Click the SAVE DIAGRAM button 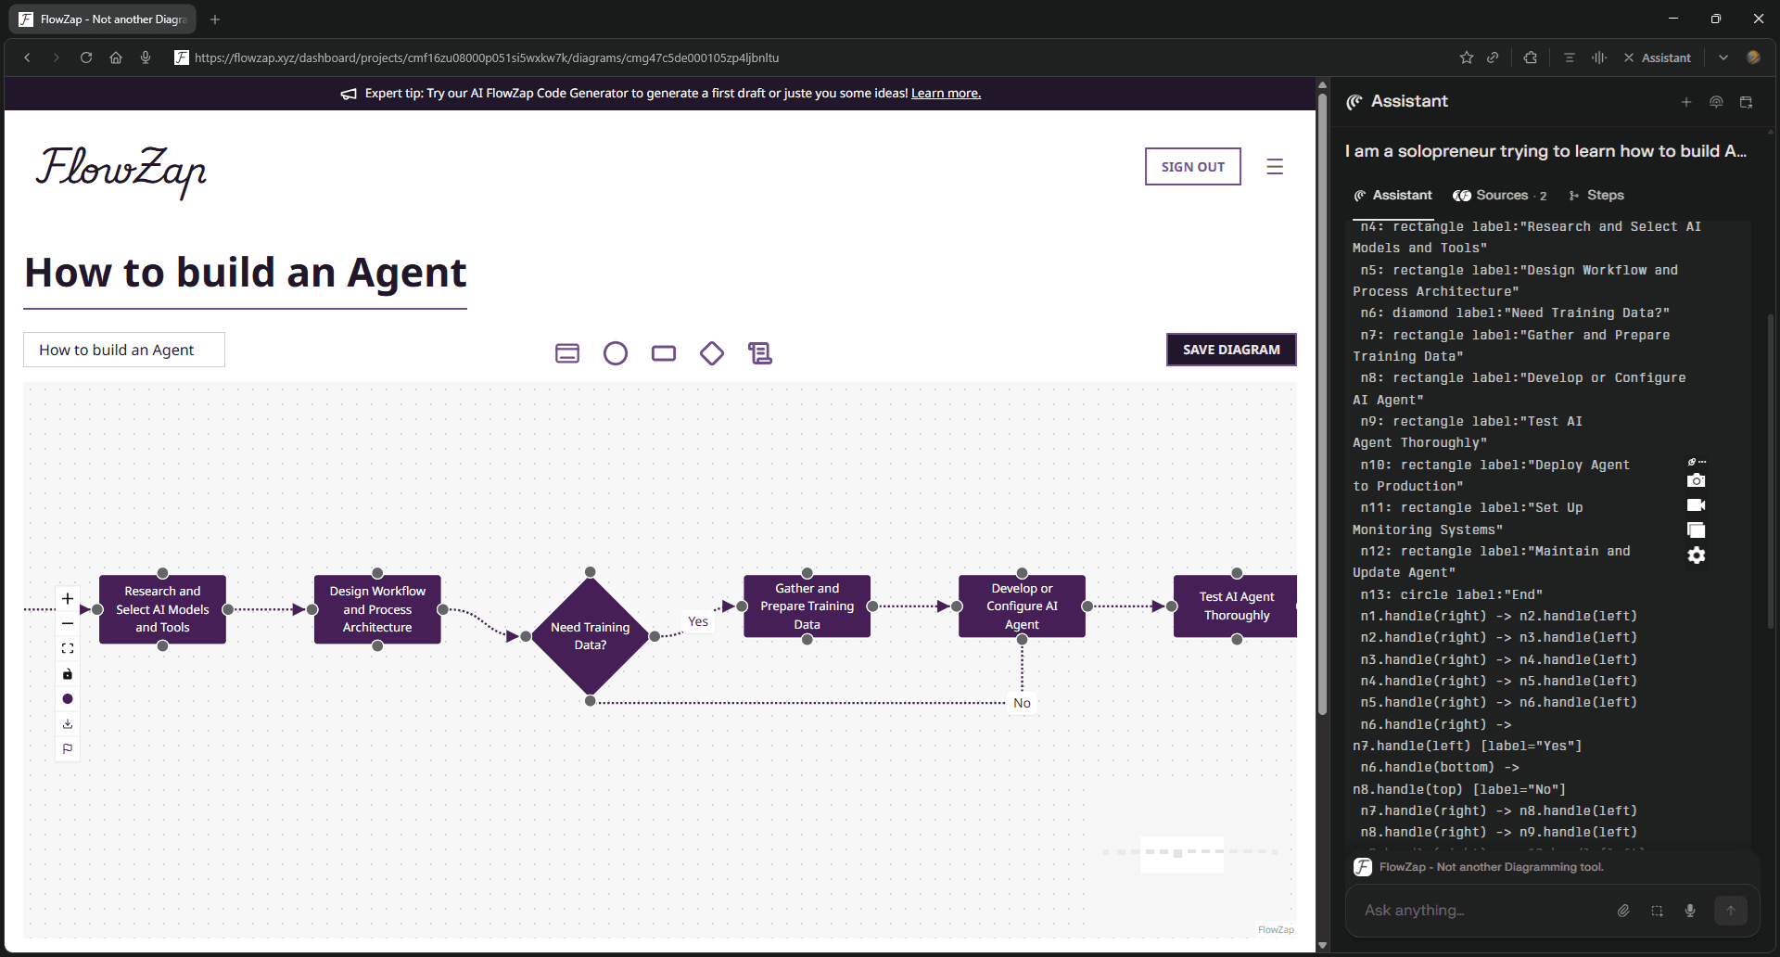coord(1230,350)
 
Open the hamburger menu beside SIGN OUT coord(1275,167)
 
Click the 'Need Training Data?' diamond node coord(590,635)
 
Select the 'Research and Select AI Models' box coord(162,609)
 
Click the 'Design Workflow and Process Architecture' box coord(377,609)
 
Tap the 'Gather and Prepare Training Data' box coord(807,606)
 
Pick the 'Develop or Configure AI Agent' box coord(1022,606)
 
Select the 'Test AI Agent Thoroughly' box coord(1235,606)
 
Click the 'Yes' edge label coord(698,621)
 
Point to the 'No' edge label coord(1022,703)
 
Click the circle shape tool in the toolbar coord(616,353)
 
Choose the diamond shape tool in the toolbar coord(712,353)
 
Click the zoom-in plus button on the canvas coord(68,599)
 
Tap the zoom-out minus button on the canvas coord(68,624)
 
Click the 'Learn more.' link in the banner coord(946,94)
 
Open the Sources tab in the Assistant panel coord(1500,196)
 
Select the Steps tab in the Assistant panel coord(1604,196)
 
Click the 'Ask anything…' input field coord(1483,911)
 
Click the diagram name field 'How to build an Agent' coord(124,350)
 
